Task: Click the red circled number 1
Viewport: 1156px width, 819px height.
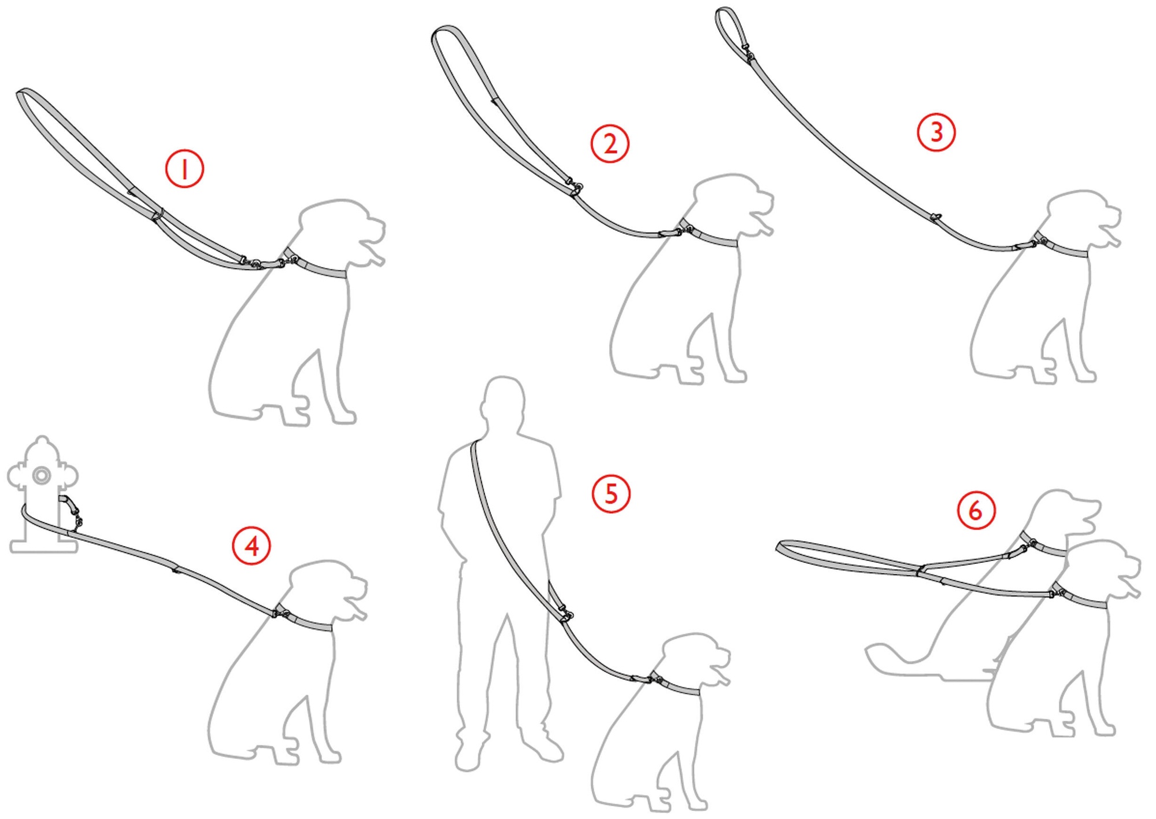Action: point(185,169)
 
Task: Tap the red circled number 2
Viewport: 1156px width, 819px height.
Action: point(610,143)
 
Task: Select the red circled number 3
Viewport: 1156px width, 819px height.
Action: point(936,132)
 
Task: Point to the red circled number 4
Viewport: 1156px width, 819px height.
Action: point(251,545)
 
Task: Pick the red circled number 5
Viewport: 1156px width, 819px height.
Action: point(611,494)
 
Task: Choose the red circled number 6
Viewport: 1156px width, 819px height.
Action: point(976,511)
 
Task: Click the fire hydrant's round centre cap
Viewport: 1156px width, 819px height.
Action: point(41,475)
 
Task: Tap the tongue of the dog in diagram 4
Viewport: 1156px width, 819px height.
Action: point(358,609)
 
